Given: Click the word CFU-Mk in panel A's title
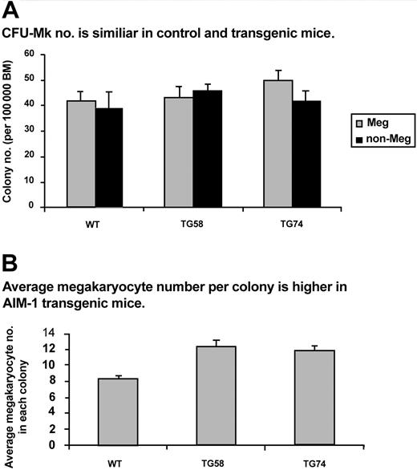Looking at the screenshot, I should tap(30, 32).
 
